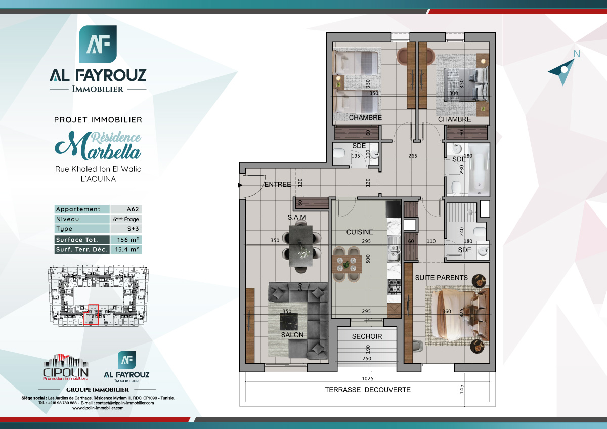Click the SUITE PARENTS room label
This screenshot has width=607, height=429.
(442, 278)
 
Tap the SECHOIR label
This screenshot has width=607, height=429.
(367, 336)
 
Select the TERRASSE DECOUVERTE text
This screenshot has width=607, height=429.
(367, 390)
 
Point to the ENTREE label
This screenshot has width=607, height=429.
(278, 185)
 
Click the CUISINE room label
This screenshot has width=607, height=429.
(360, 232)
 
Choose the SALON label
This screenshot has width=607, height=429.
(292, 335)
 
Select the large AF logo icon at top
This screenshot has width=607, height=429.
(98, 44)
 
